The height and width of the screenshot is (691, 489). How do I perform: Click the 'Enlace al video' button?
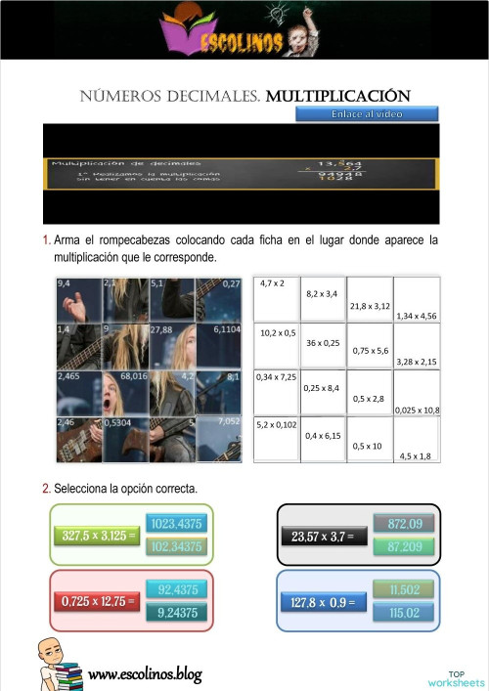367,113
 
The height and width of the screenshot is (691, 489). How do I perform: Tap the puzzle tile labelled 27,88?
173,346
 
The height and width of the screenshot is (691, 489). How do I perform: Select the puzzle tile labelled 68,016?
126,392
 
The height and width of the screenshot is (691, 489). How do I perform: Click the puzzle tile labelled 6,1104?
219,346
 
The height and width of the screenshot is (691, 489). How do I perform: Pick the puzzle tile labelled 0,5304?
126,439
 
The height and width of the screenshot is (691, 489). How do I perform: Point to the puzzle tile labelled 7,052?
219,439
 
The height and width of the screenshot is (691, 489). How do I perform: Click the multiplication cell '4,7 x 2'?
276,299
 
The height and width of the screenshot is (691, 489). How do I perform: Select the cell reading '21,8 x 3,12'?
370,299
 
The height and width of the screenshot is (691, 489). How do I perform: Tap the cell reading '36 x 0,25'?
323,346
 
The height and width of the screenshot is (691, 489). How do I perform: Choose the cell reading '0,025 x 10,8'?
417,393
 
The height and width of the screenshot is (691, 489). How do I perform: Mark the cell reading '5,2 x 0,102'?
276,440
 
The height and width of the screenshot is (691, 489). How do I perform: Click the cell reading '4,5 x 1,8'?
417,440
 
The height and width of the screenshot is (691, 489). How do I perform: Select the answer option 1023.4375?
178,524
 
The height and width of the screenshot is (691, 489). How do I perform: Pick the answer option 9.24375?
178,613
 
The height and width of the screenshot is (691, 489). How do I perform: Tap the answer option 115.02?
405,613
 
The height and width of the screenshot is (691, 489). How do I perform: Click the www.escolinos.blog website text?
145,674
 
